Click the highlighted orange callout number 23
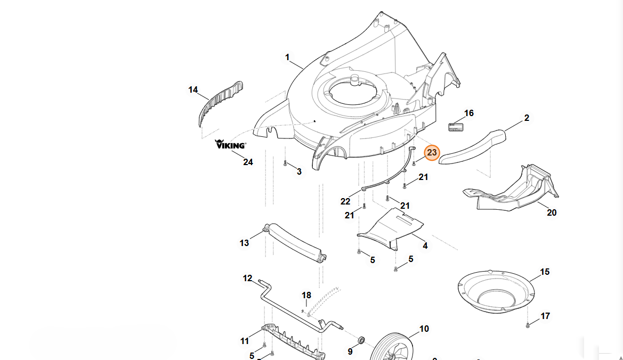point(432,153)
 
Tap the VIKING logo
point(230,144)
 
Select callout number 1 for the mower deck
point(287,57)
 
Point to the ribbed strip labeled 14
point(220,103)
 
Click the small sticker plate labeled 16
point(456,127)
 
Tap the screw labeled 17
point(528,325)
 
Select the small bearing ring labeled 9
point(361,340)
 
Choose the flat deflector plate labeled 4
point(391,228)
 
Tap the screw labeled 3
point(285,163)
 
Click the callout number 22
point(345,201)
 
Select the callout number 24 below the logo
point(248,162)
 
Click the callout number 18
point(306,296)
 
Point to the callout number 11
point(245,340)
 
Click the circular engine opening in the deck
point(352,87)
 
